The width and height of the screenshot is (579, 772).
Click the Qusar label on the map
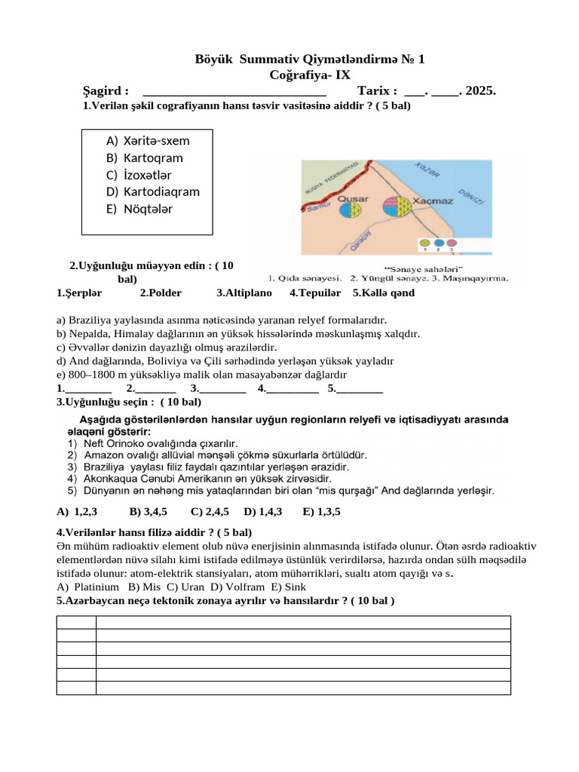tap(352, 199)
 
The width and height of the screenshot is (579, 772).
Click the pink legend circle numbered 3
tap(451, 244)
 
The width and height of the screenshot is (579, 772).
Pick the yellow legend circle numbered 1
tap(425, 244)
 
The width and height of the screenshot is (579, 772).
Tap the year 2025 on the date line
tap(480, 90)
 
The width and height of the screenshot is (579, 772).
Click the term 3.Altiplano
tap(244, 293)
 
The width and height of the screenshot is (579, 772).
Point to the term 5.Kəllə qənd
tap(384, 293)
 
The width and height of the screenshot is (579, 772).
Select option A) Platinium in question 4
tap(88, 586)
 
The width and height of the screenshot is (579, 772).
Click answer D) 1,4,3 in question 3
tap(262, 511)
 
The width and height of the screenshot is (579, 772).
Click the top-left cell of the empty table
tap(76, 622)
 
